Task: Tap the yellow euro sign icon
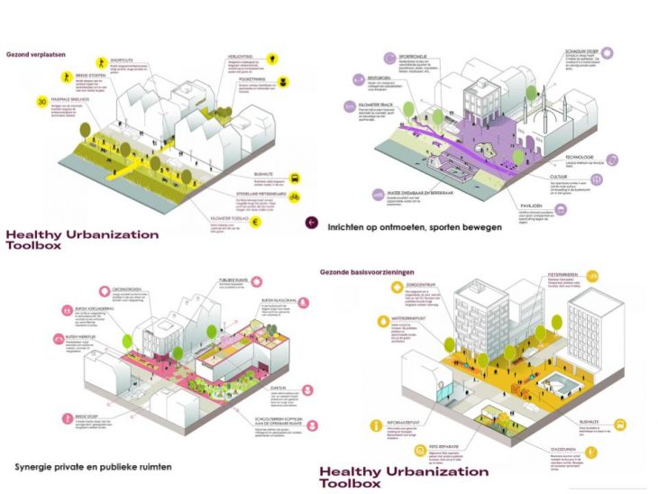[x=281, y=219]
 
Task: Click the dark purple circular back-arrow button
[x=312, y=222]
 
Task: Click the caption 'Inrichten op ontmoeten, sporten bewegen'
[x=415, y=226]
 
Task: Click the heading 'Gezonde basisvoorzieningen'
[x=371, y=270]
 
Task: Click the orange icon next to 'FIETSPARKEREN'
[x=592, y=276]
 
